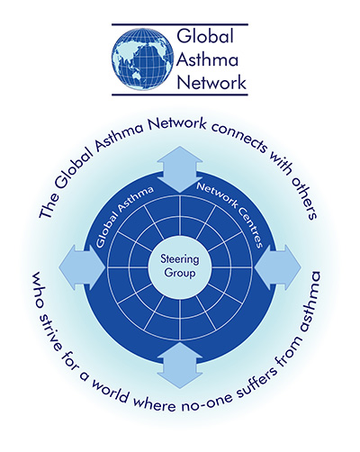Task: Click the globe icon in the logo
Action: pos(143,59)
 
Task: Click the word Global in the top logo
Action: pos(205,36)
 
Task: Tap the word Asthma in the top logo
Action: pos(207,59)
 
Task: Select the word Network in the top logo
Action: pos(211,82)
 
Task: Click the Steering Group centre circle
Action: pos(180,267)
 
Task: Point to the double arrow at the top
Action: pos(180,169)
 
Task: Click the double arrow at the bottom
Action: pos(180,366)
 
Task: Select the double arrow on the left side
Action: pos(82,267)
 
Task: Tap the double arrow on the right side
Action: pos(278,267)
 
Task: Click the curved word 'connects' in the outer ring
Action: pos(239,139)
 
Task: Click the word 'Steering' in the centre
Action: pos(180,259)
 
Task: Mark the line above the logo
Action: pos(180,24)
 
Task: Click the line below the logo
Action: pos(180,95)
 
